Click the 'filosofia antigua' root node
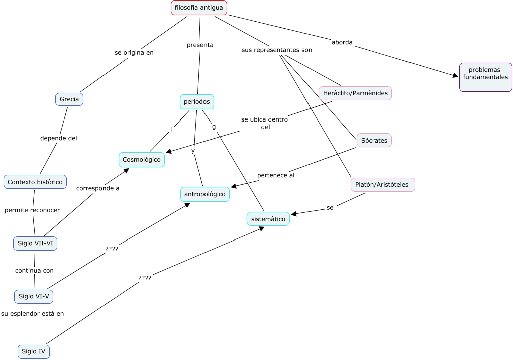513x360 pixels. pyautogui.click(x=199, y=8)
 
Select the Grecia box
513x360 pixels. pyautogui.click(x=69, y=99)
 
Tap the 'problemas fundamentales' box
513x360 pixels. pyautogui.click(x=485, y=77)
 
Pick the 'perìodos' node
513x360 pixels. pyautogui.click(x=197, y=102)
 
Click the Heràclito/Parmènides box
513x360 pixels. pyautogui.click(x=355, y=93)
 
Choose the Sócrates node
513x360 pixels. pyautogui.click(x=374, y=140)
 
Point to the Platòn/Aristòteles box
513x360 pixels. pyautogui.click(x=382, y=185)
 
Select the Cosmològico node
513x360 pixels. pyautogui.click(x=142, y=160)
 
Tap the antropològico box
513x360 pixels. pyautogui.click(x=205, y=194)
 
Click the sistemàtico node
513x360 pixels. pyautogui.click(x=268, y=219)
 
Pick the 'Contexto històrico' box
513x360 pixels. pyautogui.click(x=35, y=182)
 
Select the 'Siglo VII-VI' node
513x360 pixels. pyautogui.click(x=35, y=244)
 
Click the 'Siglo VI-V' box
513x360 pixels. pyautogui.click(x=34, y=296)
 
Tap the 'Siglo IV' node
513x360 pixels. pyautogui.click(x=34, y=351)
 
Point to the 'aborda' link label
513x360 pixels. pyautogui.click(x=342, y=42)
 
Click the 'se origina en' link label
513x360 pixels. pyautogui.click(x=134, y=52)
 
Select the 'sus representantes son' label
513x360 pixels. pyautogui.click(x=277, y=50)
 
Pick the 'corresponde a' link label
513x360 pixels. pyautogui.click(x=97, y=189)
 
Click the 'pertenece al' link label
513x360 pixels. pyautogui.click(x=276, y=175)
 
